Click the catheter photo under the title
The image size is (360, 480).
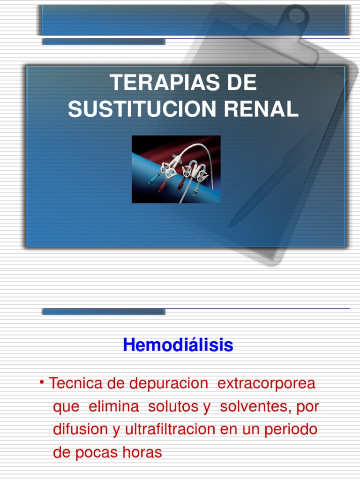[176, 169]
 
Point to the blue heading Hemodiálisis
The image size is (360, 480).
[178, 345]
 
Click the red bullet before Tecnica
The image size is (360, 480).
[42, 384]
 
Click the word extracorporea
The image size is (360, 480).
[266, 383]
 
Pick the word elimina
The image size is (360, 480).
[114, 406]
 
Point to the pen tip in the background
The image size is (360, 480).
[232, 224]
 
